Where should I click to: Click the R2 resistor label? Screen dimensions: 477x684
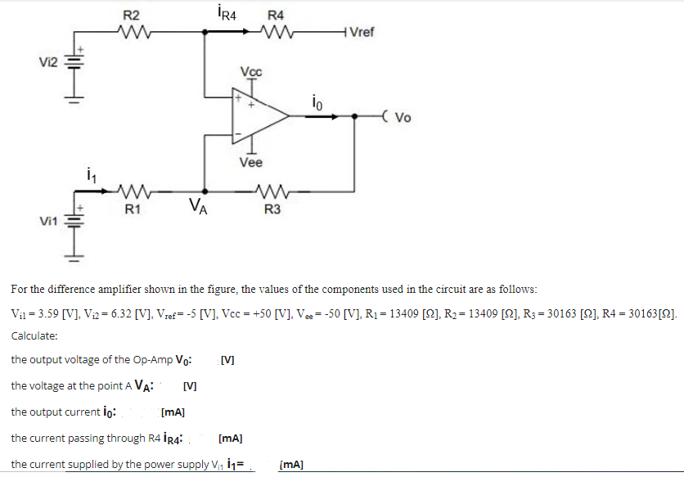(131, 16)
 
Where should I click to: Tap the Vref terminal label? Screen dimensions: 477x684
(360, 33)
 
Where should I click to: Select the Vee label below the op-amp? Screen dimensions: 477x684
(251, 163)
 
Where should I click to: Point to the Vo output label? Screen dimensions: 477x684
(402, 116)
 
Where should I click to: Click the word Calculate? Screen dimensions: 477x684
(34, 336)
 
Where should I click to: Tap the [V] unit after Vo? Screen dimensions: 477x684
(227, 359)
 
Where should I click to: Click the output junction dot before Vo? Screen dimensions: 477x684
(353, 116)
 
